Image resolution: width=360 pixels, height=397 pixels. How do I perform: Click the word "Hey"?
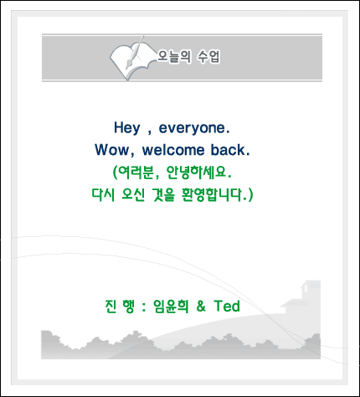[126, 128]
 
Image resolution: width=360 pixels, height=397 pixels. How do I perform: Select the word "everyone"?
[193, 128]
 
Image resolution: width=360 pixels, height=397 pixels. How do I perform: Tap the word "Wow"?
[112, 150]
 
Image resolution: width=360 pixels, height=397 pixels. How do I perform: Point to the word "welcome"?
[173, 150]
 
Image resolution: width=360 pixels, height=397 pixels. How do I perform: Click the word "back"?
[228, 150]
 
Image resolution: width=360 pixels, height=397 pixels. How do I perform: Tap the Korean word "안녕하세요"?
[196, 173]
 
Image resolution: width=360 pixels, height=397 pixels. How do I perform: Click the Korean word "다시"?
[103, 194]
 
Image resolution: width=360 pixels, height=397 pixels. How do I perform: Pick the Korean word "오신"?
[133, 194]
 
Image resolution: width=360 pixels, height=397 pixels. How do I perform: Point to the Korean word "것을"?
[163, 194]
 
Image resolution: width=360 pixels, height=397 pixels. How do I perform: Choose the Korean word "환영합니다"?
[211, 194]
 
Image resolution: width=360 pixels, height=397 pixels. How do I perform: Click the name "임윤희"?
[171, 307]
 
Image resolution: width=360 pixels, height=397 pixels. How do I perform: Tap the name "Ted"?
[227, 306]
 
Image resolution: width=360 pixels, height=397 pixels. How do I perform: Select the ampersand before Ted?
[201, 307]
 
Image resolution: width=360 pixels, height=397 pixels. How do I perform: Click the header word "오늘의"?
[174, 57]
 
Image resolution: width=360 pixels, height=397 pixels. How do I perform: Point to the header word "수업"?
[208, 57]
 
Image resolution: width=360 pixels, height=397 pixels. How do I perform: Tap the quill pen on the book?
[135, 52]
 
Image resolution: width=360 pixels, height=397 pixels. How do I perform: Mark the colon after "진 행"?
[144, 307]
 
